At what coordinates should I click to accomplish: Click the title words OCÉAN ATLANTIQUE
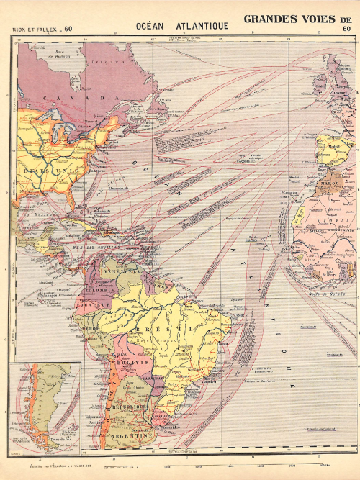pos(181,26)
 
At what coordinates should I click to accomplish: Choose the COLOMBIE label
pos(99,290)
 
